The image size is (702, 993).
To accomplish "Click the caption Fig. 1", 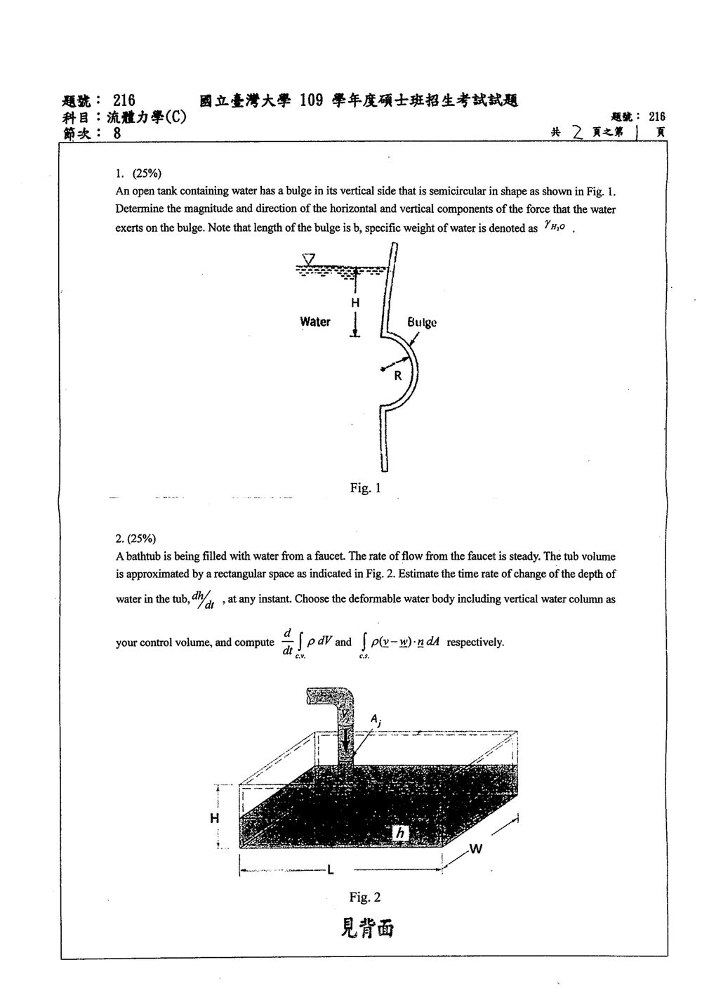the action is click(x=365, y=488).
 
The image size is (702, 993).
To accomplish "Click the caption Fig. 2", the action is click(x=365, y=897).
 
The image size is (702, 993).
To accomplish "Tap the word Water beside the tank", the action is click(x=315, y=322).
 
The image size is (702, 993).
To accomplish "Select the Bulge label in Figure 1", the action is click(x=422, y=322).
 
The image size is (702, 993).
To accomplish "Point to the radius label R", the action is click(x=398, y=376).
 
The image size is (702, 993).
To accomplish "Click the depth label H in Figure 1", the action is click(x=355, y=303).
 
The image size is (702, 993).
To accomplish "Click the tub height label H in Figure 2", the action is click(x=215, y=818).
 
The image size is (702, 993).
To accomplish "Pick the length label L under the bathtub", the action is click(x=331, y=870).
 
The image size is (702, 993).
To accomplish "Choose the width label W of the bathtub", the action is click(x=475, y=849).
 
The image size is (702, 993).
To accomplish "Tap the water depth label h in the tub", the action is click(x=401, y=834).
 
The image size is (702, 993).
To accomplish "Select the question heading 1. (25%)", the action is click(x=138, y=173).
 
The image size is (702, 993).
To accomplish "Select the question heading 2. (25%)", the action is click(x=135, y=539).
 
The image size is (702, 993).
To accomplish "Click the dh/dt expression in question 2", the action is click(x=203, y=600).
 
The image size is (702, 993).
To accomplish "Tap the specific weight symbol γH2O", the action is click(x=555, y=227).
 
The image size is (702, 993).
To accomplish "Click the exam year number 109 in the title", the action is click(x=312, y=101).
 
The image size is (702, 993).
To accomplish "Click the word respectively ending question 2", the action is click(x=475, y=643).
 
